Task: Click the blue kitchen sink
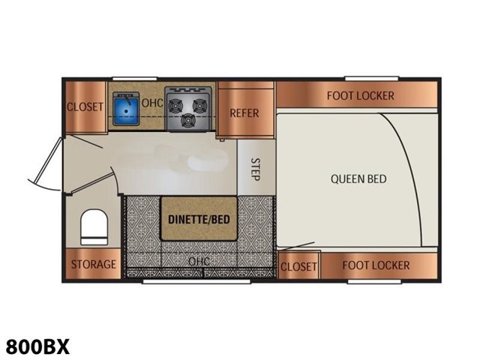coord(126,109)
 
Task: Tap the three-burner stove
coord(188,108)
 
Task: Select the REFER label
coord(244,113)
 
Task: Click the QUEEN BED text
coord(358,178)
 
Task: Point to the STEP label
coord(255,169)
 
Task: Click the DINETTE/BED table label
coord(199,219)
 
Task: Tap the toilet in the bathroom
coord(94,226)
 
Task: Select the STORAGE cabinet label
coord(94,264)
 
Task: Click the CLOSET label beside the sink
coord(85,106)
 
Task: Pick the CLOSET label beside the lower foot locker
coord(298,267)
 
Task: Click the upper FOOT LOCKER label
coord(360,96)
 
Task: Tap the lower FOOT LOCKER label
coord(376,265)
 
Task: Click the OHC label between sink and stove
coord(152,103)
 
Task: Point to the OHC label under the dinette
coord(199,261)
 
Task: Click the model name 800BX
coord(37,346)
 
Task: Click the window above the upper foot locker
coord(372,79)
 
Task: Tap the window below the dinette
coord(196,281)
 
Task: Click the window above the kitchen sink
coord(135,79)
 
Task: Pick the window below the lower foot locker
coord(374,281)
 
